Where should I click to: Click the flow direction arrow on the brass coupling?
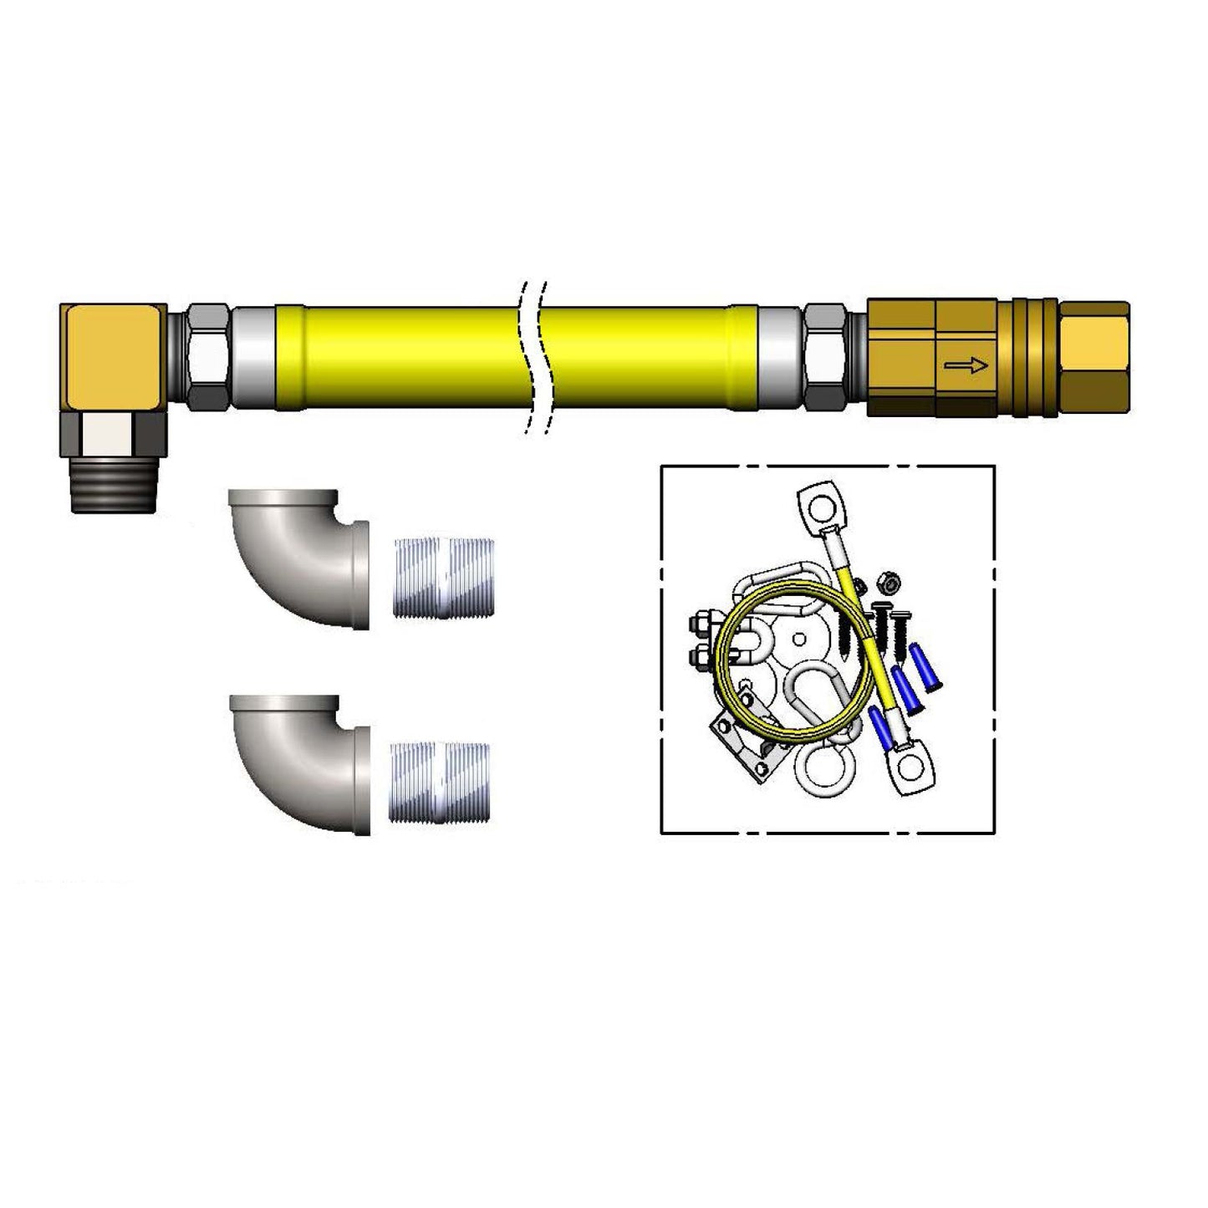pyautogui.click(x=966, y=364)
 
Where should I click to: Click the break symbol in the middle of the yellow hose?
pyautogui.click(x=534, y=357)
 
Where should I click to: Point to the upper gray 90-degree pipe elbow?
pyautogui.click(x=301, y=558)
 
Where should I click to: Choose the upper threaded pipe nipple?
pyautogui.click(x=443, y=578)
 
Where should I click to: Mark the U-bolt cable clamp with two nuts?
pyautogui.click(x=711, y=639)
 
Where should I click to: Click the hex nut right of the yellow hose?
pyautogui.click(x=826, y=356)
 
